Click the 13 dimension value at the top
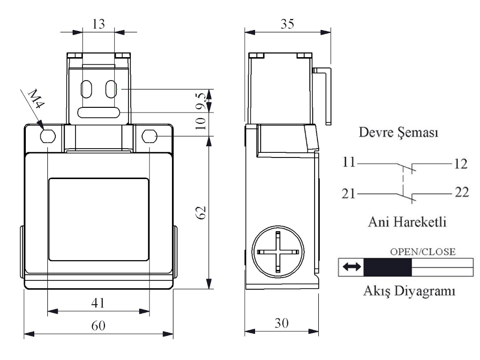(98, 24)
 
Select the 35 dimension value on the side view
(287, 24)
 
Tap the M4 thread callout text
(36, 98)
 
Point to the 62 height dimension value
(201, 212)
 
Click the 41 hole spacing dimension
(98, 303)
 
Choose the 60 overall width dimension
(98, 325)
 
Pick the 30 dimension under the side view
(281, 323)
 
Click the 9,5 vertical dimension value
(201, 101)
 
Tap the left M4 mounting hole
(48, 136)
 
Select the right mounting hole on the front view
(150, 136)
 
